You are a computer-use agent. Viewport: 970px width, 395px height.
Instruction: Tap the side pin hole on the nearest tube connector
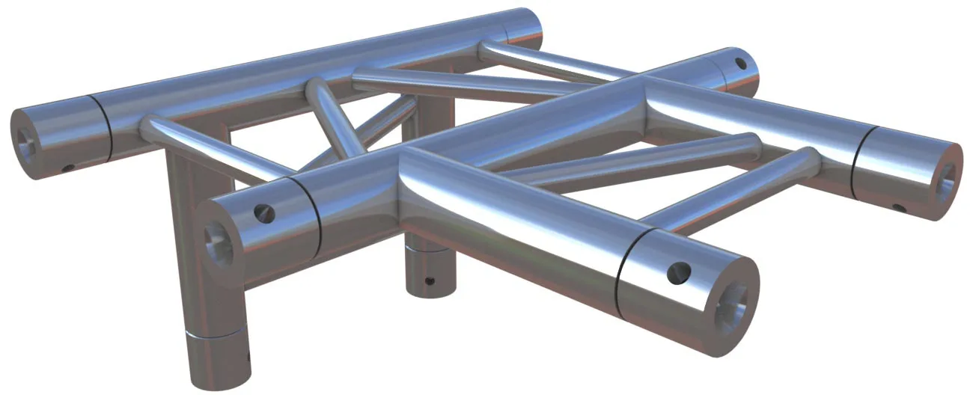(x=679, y=273)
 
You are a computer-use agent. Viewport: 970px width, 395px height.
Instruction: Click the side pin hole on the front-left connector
(x=263, y=213)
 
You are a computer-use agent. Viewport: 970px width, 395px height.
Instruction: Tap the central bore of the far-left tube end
(x=28, y=139)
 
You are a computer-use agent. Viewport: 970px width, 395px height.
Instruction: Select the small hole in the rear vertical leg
(x=428, y=282)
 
